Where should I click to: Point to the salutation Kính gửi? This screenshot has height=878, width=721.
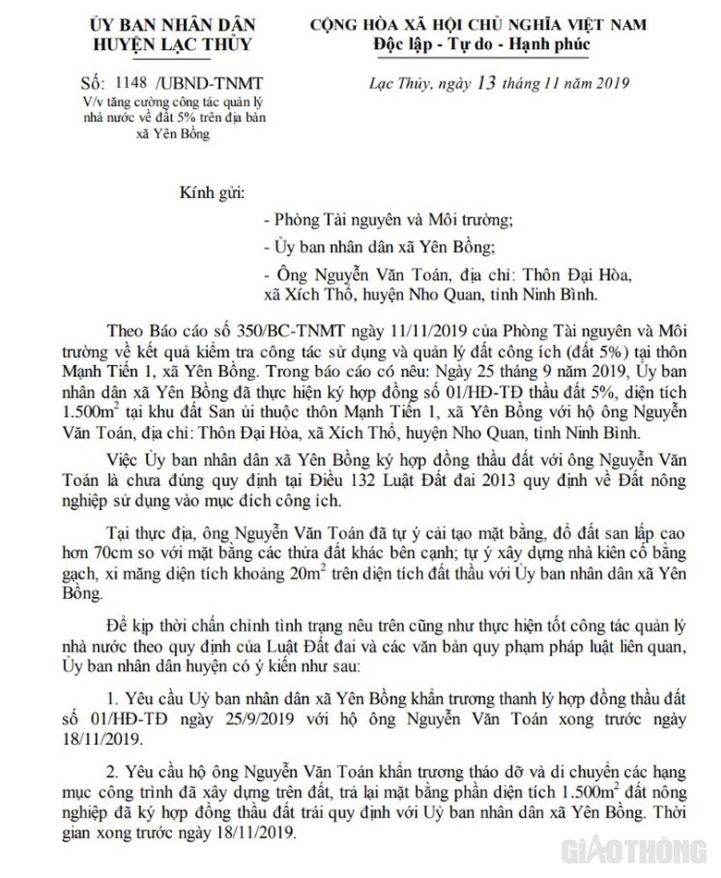coord(214,194)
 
